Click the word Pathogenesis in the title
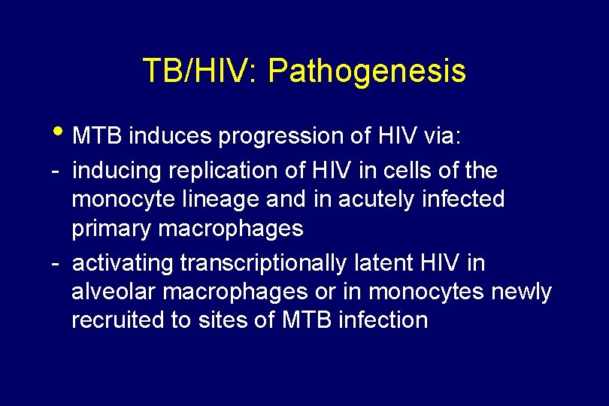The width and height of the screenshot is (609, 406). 366,71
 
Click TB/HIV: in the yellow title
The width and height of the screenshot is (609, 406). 201,71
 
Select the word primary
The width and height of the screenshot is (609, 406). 111,229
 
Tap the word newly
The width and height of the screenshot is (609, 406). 521,291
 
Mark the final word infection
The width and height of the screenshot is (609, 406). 384,320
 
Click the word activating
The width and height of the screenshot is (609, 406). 123,263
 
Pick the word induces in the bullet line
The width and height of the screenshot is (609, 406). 171,136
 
